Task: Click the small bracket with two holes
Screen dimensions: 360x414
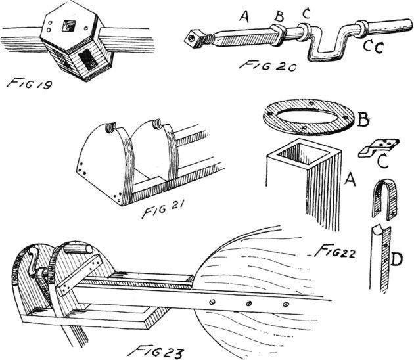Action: (379, 146)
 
